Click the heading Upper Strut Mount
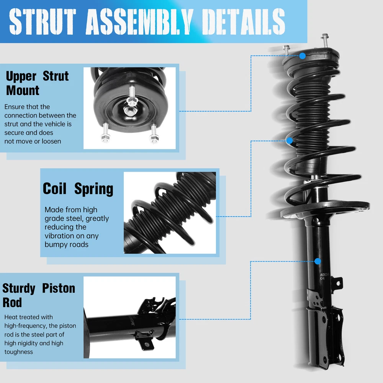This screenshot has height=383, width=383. [x=37, y=83]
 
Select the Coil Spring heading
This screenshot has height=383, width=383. [x=78, y=189]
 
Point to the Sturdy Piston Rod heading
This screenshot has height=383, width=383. [x=39, y=295]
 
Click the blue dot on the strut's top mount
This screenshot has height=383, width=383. [x=303, y=56]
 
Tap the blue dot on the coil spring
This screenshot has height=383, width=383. [x=290, y=141]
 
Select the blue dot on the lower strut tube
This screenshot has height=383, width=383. [x=318, y=261]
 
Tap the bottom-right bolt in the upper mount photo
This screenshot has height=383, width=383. [x=153, y=137]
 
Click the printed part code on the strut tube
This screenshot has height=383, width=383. [x=324, y=277]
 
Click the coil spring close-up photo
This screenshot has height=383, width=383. [x=170, y=213]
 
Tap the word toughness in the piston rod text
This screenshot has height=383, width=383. [x=19, y=352]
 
